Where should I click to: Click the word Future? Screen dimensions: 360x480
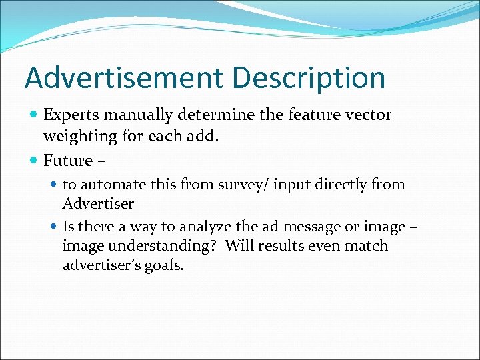tap(67, 161)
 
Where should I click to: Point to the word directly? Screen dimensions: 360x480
tap(334, 185)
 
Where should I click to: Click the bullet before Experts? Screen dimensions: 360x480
tap(34, 115)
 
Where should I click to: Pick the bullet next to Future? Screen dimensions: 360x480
tap(34, 161)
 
